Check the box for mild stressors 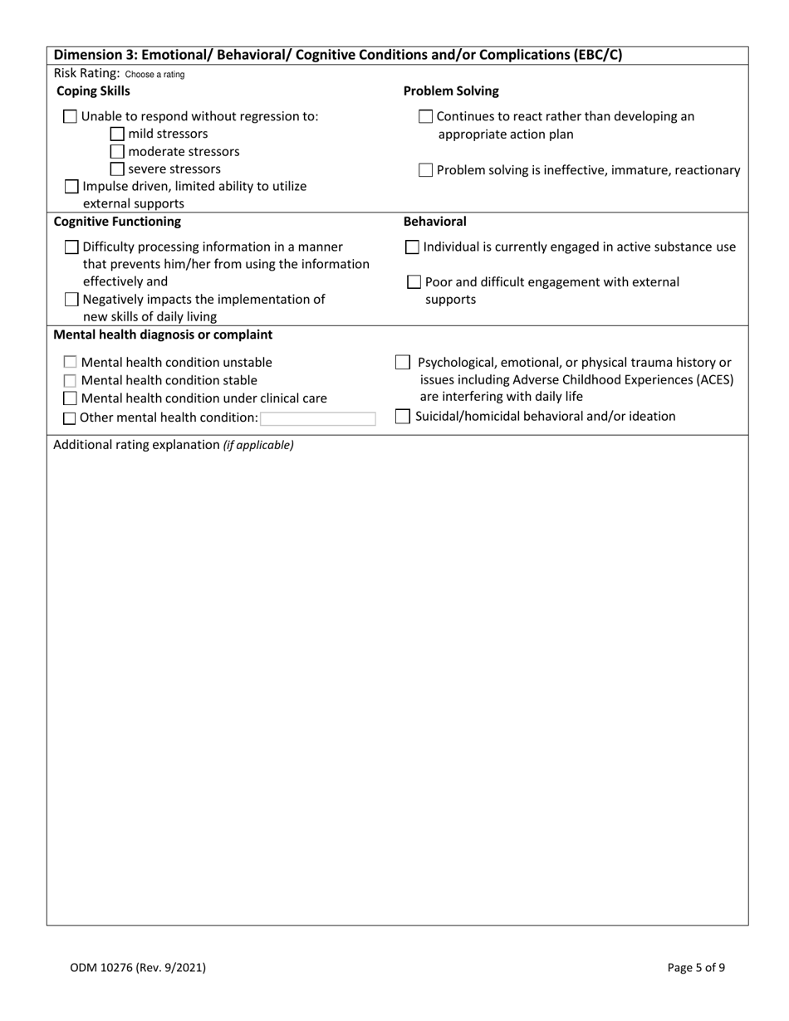[x=118, y=134]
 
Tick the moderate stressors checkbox [x=118, y=152]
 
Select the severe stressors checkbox [x=118, y=169]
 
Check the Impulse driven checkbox [x=72, y=187]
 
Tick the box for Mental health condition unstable [x=71, y=363]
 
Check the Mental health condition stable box [x=71, y=381]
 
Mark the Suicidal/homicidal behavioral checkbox [x=402, y=417]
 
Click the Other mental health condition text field [x=318, y=418]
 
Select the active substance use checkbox [x=413, y=247]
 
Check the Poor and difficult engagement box [x=414, y=283]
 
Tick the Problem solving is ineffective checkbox [x=425, y=171]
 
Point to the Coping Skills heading [x=93, y=91]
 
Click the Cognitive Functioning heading [x=117, y=222]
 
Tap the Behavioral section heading [x=434, y=222]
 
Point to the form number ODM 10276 [x=138, y=967]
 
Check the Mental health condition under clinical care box [x=71, y=399]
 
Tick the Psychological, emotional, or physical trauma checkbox [x=402, y=363]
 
